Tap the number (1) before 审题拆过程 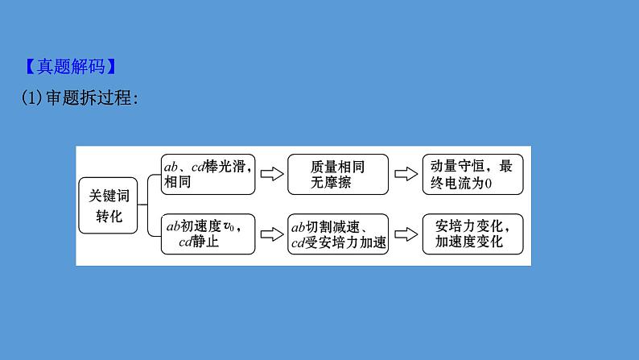tap(31, 97)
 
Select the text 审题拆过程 tap(89, 97)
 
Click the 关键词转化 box tap(108, 205)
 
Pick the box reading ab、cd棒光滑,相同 tap(208, 174)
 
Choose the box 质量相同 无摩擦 tap(338, 174)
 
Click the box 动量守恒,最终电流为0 tap(472, 174)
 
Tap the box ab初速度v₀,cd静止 tap(208, 234)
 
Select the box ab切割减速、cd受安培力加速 tap(338, 234)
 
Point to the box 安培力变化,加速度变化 tap(472, 234)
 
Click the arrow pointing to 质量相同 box tap(272, 174)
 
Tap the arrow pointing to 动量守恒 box tap(406, 174)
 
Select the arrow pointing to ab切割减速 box tap(272, 234)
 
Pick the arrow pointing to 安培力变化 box tap(406, 234)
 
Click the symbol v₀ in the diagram tap(229, 226)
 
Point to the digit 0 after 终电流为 tap(489, 184)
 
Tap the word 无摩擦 tap(331, 182)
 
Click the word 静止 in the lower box tap(205, 242)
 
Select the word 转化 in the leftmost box tap(109, 216)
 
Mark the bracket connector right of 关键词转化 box tap(147, 205)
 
